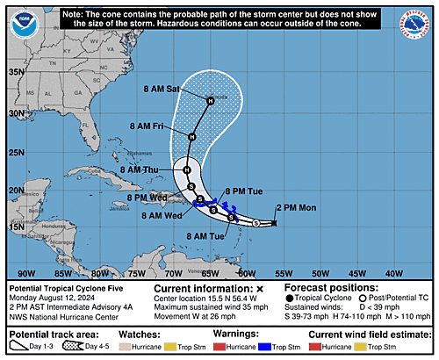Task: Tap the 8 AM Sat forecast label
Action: tap(162, 90)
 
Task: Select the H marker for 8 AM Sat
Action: tap(211, 102)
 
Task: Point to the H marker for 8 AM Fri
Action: tap(192, 136)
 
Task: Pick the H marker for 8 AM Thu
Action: tap(186, 169)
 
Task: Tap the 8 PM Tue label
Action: tap(243, 191)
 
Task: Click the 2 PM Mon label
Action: tap(297, 208)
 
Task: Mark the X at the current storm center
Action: tap(275, 224)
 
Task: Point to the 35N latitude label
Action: tap(16, 73)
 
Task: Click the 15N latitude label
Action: tap(16, 227)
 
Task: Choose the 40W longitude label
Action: tap(393, 273)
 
